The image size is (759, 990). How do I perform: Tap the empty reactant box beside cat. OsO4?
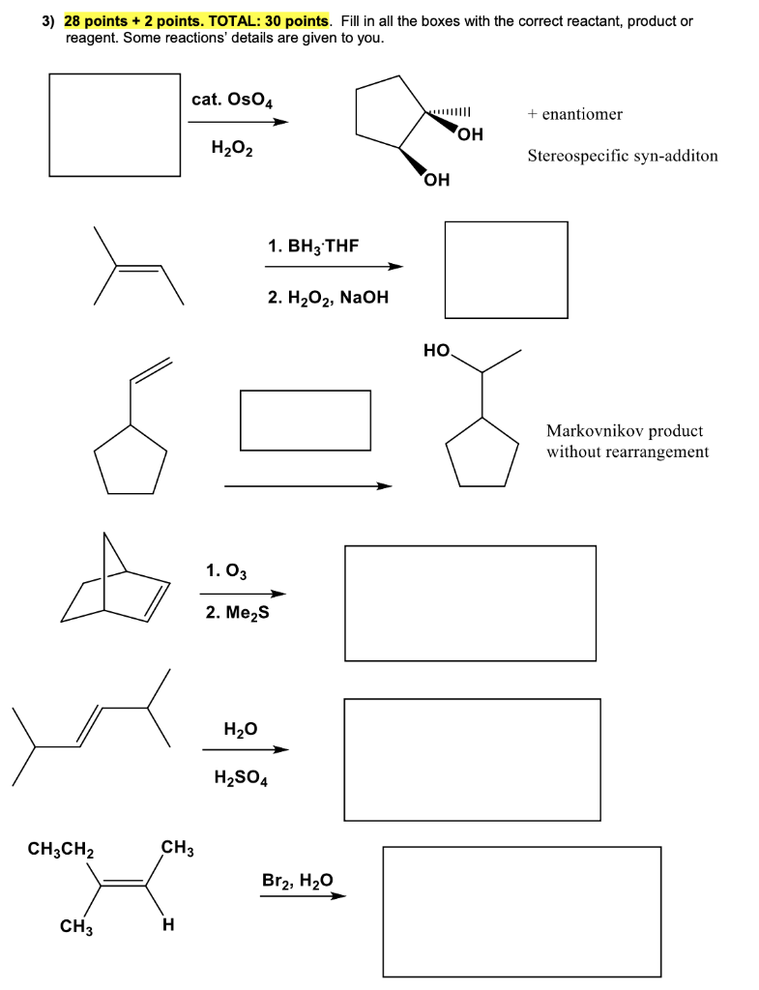tap(115, 125)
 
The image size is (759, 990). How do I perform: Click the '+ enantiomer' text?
tap(575, 114)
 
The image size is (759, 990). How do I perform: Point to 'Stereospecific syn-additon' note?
tap(623, 156)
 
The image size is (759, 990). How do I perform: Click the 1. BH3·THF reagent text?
tap(312, 247)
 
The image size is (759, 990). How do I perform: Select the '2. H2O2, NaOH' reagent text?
tap(328, 298)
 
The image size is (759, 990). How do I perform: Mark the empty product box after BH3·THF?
tap(506, 269)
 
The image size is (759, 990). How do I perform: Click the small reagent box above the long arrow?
tap(306, 420)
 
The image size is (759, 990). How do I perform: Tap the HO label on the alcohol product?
tap(438, 351)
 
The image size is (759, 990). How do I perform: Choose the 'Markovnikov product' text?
tap(625, 431)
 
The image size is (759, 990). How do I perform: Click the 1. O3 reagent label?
tap(226, 571)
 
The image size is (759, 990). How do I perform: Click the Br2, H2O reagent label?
tap(297, 880)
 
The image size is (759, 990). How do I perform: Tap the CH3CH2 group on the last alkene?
tap(60, 850)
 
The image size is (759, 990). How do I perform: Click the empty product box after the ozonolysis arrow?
tap(470, 602)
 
